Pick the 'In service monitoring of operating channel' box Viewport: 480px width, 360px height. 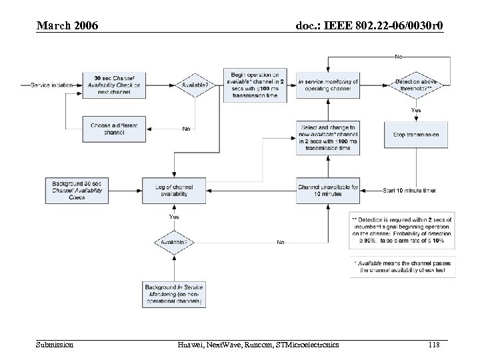tap(328, 85)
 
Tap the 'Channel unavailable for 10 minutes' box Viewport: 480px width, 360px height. tap(328, 190)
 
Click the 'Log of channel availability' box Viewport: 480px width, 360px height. tap(173, 190)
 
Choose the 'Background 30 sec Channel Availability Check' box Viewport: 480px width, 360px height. tap(76, 190)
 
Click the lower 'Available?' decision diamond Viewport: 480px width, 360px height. tap(173, 242)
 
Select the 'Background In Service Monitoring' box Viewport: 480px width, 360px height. tap(173, 294)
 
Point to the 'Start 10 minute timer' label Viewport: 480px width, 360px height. tap(409, 191)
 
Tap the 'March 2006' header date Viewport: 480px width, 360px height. tap(67, 26)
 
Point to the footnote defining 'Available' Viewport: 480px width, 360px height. tap(401, 267)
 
